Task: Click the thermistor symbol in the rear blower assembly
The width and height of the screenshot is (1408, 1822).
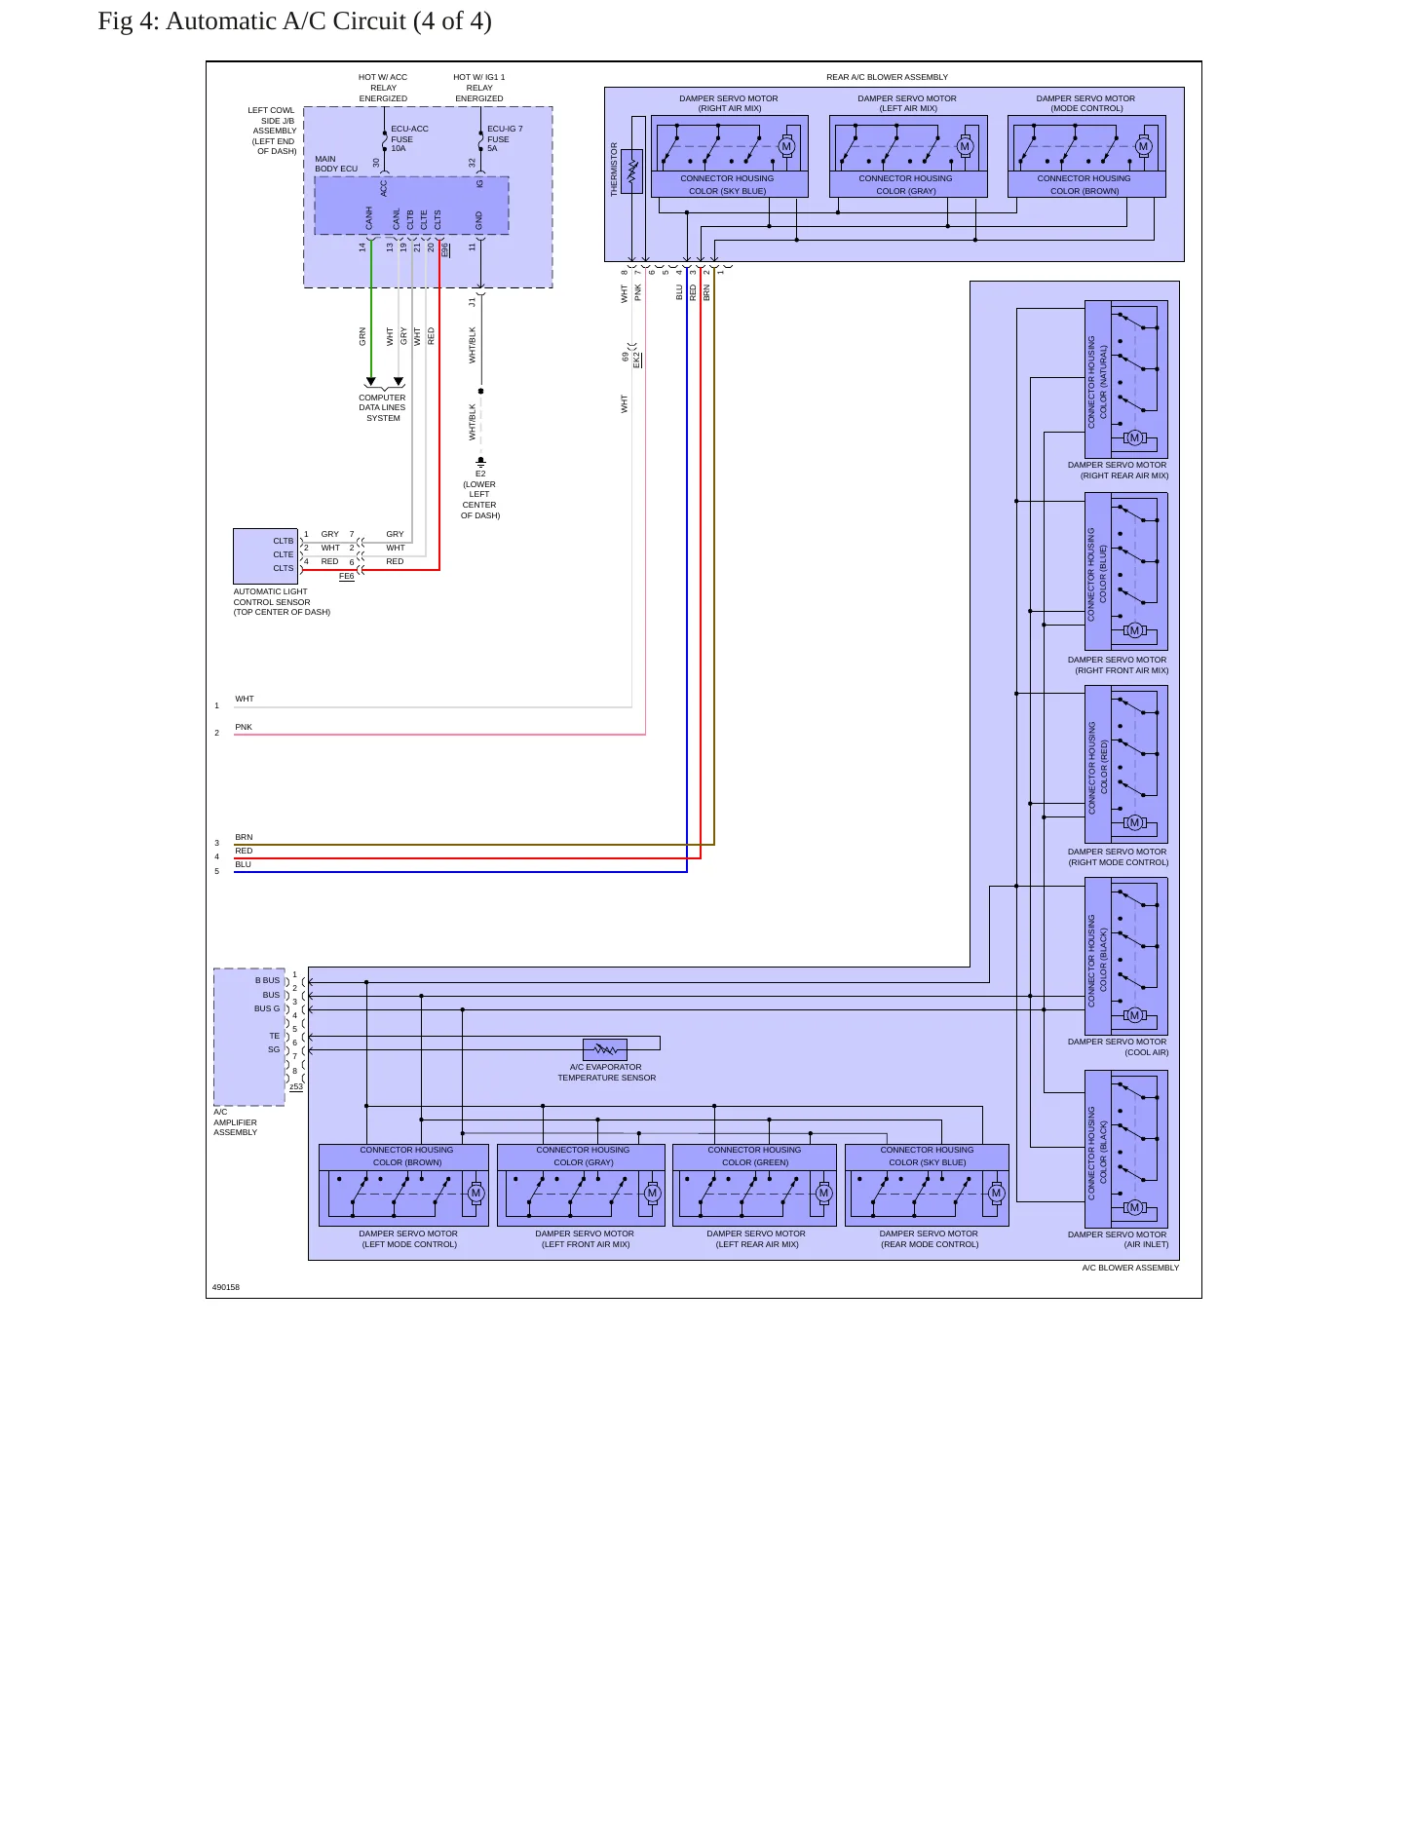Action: tap(631, 171)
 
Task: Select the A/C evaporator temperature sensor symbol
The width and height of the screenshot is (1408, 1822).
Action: tap(605, 1049)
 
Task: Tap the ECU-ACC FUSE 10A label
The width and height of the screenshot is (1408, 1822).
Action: tap(408, 138)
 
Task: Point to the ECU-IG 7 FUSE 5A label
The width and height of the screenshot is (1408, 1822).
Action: tap(505, 138)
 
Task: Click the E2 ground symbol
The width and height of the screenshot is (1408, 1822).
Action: tap(480, 462)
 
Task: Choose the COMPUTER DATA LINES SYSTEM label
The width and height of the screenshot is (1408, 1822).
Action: tap(382, 407)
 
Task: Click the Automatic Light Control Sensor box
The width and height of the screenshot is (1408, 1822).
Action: tap(265, 556)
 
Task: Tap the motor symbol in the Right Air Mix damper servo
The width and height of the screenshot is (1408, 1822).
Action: tap(786, 147)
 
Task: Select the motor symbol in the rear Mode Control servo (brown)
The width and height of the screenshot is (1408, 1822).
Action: tap(1143, 147)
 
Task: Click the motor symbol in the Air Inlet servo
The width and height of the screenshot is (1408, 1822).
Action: tap(1134, 1207)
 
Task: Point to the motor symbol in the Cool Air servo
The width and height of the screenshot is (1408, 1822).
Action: tap(1134, 1015)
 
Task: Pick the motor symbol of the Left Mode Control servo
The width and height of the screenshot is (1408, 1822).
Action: tap(476, 1194)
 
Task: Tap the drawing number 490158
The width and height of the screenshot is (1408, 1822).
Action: tap(226, 1287)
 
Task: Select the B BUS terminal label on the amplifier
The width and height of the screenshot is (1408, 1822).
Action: tap(267, 980)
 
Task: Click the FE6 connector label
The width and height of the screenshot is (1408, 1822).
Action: tap(347, 576)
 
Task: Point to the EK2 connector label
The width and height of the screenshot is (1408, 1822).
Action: tap(637, 360)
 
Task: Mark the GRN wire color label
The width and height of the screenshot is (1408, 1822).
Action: tap(362, 336)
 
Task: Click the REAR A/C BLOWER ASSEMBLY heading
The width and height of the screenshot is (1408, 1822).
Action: tap(887, 77)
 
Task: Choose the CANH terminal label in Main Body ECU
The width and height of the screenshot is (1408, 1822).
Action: tap(369, 218)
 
